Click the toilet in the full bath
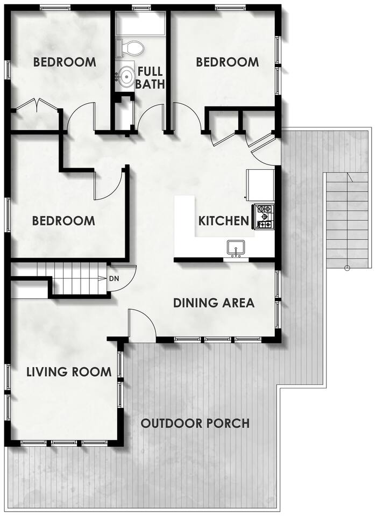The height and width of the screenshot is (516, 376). coord(130,48)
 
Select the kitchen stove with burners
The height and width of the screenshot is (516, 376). coord(264,217)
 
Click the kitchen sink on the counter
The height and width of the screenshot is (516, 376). coord(236,248)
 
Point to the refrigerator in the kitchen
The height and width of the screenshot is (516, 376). coord(260,184)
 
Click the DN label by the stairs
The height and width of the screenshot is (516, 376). coord(114,279)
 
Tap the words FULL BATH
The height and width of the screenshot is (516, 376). coord(150,77)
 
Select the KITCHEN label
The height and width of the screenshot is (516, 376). coord(224,221)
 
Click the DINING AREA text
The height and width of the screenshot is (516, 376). coord(214,303)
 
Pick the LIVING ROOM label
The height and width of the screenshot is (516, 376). coord(69,372)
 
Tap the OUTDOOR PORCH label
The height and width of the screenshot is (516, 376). coord(195,423)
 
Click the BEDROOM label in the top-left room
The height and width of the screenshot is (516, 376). coord(65,62)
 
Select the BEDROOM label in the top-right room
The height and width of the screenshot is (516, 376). coord(227,62)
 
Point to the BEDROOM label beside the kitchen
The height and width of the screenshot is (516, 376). coord(63,220)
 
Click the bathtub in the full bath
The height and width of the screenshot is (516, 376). coord(141,24)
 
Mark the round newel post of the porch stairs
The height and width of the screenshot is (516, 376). coord(347,268)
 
